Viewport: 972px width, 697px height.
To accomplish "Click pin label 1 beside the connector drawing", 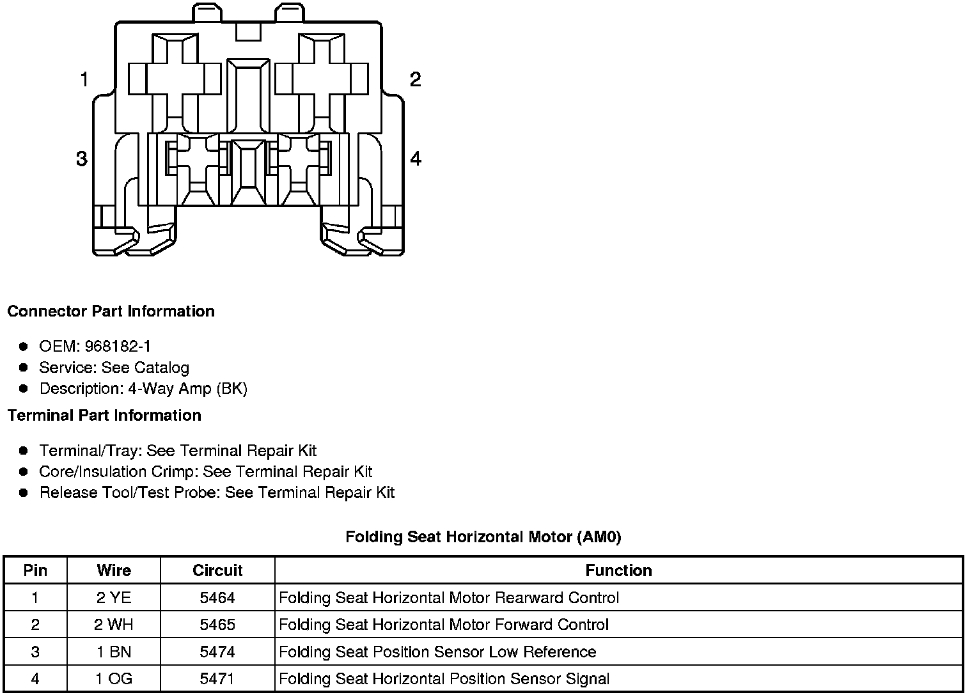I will point(84,80).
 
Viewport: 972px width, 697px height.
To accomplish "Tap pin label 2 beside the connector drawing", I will point(415,80).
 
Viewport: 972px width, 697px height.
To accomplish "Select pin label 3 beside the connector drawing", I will point(81,159).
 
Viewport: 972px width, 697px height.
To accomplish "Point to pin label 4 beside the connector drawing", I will point(416,159).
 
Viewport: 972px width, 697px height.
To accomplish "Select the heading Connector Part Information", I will point(111,311).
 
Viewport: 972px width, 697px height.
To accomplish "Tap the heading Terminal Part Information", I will point(104,416).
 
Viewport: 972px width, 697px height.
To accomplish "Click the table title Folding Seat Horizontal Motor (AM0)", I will point(483,536).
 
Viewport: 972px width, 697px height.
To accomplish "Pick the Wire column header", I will point(114,570).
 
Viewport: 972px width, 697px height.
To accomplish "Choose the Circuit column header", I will point(217,570).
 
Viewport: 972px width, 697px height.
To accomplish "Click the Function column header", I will point(618,570).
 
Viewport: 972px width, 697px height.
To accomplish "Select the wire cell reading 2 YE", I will point(114,598).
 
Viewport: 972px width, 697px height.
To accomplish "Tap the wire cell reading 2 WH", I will point(114,625).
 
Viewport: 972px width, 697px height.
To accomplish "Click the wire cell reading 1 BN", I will point(114,652).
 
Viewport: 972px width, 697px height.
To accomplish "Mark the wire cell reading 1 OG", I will point(114,679).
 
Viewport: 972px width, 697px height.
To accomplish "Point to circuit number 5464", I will point(217,598).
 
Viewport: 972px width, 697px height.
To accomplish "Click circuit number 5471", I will point(217,679).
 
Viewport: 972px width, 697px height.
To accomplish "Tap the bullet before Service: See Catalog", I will point(24,368).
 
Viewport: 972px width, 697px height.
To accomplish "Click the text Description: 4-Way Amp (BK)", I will point(143,389).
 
